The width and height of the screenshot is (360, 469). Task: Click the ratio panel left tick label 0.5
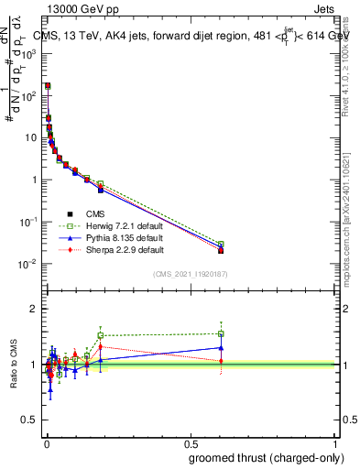[x=28, y=420]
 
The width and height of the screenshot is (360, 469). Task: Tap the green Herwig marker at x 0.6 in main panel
[x=221, y=245]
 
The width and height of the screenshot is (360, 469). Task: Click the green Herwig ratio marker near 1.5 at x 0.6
[x=221, y=333]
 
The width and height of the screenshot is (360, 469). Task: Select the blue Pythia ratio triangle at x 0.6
[x=221, y=347]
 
